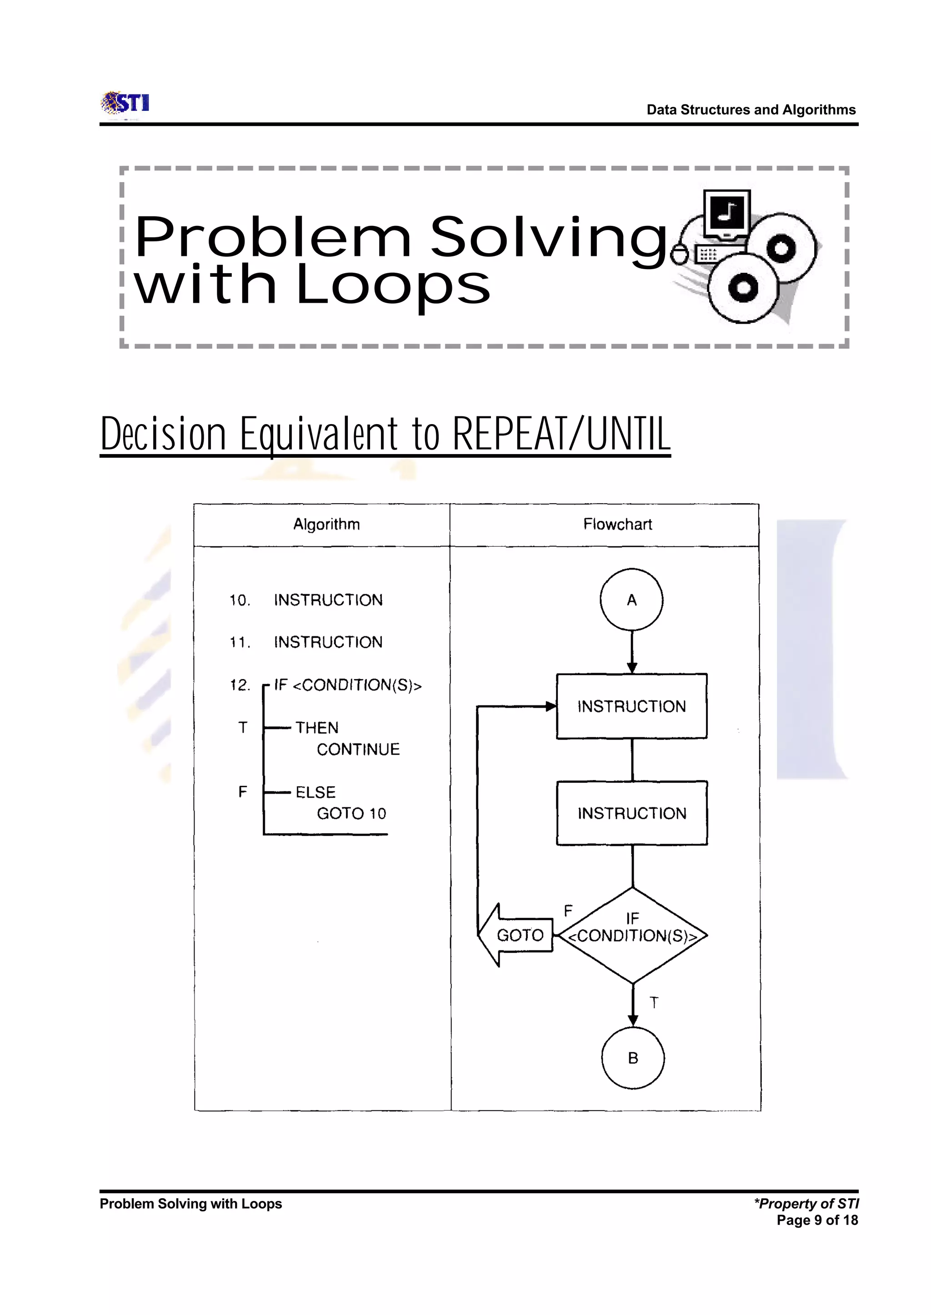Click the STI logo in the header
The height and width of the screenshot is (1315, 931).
point(125,103)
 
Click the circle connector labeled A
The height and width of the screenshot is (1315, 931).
point(631,600)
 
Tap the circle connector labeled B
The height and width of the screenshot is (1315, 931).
point(633,1058)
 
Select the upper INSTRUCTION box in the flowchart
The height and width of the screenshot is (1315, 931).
point(631,706)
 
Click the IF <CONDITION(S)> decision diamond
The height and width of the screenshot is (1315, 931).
point(632,935)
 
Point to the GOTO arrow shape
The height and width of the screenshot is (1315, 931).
point(516,935)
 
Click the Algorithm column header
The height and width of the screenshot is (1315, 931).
point(326,524)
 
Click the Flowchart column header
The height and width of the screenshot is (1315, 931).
point(617,524)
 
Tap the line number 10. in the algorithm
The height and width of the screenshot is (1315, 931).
point(240,600)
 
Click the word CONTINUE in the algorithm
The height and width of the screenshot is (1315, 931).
point(358,749)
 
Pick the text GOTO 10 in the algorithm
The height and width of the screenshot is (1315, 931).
point(351,814)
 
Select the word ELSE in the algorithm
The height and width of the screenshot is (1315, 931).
point(315,792)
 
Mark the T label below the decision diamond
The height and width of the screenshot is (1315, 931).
point(654,1003)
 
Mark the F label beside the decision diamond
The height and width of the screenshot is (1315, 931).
point(568,910)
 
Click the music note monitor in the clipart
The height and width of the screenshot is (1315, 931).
point(727,214)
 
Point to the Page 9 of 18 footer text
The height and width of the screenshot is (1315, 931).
point(817,1220)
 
